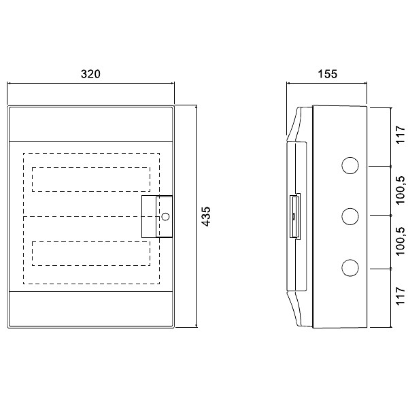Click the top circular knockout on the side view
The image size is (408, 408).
(x=350, y=166)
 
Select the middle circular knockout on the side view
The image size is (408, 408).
(x=350, y=216)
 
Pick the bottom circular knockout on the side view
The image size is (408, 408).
(x=350, y=267)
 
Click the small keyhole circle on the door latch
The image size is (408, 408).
(x=165, y=217)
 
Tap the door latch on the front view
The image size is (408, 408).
(x=157, y=217)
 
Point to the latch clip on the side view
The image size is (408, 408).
(x=296, y=216)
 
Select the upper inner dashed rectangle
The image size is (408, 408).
(x=90, y=180)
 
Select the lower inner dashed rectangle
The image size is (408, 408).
(x=90, y=254)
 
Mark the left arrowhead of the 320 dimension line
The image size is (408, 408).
(x=10, y=84)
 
